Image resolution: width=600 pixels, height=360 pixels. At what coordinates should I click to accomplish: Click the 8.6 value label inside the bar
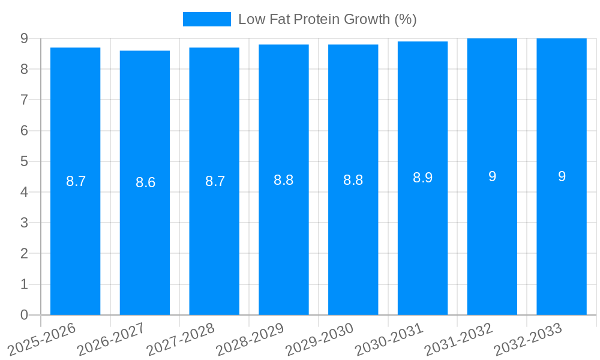pyautogui.click(x=145, y=182)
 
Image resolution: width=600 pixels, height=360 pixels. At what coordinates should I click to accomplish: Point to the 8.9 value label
pyautogui.click(x=422, y=178)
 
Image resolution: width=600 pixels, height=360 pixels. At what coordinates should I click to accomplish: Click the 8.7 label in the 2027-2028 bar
pyautogui.click(x=215, y=181)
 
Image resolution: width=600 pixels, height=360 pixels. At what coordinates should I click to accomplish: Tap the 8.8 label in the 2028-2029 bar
pyautogui.click(x=283, y=180)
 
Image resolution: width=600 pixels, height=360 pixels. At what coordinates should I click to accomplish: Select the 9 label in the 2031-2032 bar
pyautogui.click(x=492, y=176)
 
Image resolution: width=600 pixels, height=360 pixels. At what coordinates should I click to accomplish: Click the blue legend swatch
pyautogui.click(x=206, y=19)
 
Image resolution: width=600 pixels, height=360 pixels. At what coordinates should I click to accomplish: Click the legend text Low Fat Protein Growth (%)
pyautogui.click(x=327, y=19)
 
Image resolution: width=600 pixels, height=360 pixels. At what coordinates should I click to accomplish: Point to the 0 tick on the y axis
pyautogui.click(x=24, y=315)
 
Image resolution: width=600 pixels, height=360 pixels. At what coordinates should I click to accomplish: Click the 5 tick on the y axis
pyautogui.click(x=24, y=161)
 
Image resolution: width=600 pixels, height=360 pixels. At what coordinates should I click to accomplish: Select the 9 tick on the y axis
pyautogui.click(x=24, y=38)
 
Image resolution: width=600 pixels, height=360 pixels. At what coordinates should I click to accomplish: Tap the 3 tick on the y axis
pyautogui.click(x=24, y=223)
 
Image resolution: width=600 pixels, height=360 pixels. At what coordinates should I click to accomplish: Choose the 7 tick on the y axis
pyautogui.click(x=24, y=100)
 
